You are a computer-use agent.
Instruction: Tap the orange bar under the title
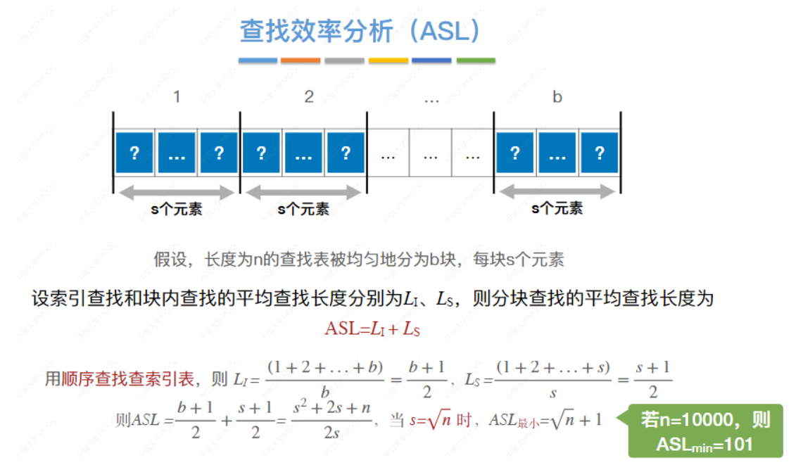click(301, 60)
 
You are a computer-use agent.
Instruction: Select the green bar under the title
click(476, 60)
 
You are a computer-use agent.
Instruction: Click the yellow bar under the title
click(388, 60)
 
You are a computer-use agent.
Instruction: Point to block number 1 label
click(177, 98)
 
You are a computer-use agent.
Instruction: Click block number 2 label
click(309, 98)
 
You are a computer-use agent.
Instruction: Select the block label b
click(557, 98)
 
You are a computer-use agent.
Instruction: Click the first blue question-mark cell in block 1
click(134, 153)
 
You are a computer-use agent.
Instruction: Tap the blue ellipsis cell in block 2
click(303, 153)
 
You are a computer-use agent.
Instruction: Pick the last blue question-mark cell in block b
click(600, 153)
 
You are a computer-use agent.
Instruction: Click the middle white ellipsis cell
click(431, 153)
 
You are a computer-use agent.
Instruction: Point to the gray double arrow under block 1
click(176, 192)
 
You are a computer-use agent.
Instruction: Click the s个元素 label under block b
click(557, 209)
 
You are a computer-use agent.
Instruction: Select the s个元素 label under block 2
click(303, 209)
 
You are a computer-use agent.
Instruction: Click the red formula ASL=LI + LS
click(372, 329)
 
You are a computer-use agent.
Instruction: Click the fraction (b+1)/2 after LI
click(426, 381)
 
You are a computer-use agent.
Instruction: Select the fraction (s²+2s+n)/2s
click(331, 420)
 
